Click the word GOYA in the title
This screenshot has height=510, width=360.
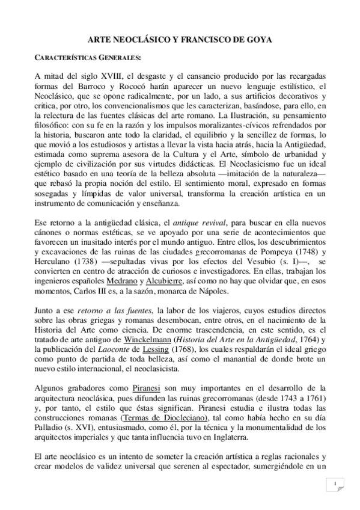(259, 39)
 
